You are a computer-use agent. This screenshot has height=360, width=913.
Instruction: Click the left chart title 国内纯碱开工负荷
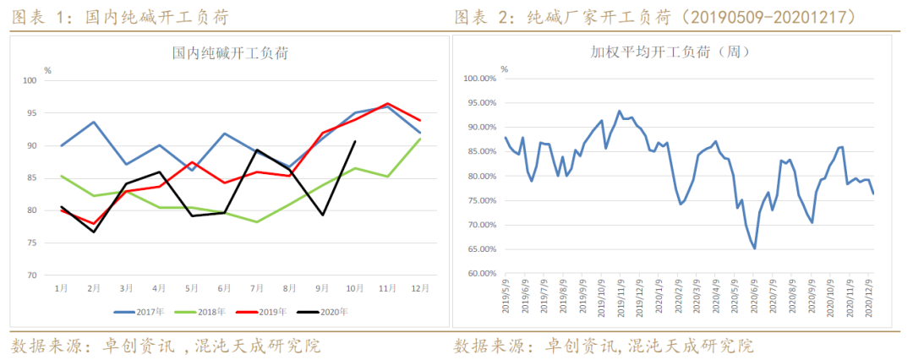click(230, 52)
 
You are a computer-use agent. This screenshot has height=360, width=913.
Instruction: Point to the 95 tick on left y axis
click(31, 113)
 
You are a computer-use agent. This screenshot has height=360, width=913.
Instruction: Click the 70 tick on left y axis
click(31, 275)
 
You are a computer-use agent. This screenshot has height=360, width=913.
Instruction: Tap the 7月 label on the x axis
click(257, 288)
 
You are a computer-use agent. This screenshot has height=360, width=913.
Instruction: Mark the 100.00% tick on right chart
click(480, 79)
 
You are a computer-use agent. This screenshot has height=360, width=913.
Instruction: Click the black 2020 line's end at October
click(355, 141)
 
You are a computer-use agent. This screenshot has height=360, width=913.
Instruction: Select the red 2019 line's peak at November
click(388, 104)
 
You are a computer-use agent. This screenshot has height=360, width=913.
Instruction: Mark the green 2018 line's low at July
click(257, 222)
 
